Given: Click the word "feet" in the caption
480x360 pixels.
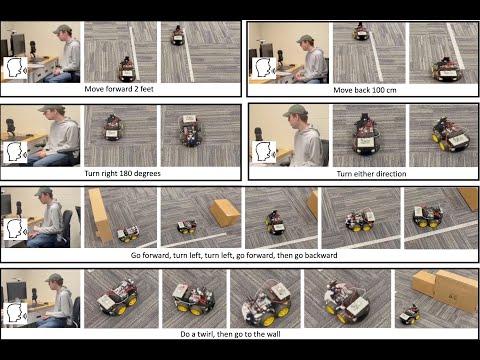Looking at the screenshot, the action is pos(147,89).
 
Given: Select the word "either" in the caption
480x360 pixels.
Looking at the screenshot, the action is pos(362,174).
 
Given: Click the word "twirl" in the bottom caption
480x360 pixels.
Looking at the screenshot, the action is pos(206,334).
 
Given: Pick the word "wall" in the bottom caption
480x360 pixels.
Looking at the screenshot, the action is pos(273,334).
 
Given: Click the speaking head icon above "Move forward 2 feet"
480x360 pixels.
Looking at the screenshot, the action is pos(15,68).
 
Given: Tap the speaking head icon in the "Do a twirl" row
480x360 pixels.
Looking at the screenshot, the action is pos(15,313).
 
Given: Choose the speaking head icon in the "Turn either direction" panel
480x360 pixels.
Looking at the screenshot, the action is pos(264,152).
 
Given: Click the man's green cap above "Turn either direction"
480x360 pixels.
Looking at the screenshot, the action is pos(295,111).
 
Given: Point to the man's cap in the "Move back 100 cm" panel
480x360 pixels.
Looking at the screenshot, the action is pos(305,39).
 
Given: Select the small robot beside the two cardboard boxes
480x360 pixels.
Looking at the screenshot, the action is pos(409,314).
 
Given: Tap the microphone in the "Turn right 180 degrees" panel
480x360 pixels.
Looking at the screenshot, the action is pos(10,127).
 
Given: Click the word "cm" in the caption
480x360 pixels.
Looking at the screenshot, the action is pos(391,90).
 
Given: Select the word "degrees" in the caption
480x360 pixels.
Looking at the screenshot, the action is pos(148,174).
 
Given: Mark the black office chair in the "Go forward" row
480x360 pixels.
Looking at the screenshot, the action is pos(66,228).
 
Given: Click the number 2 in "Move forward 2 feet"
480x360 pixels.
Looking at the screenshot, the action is pos(136,89).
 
